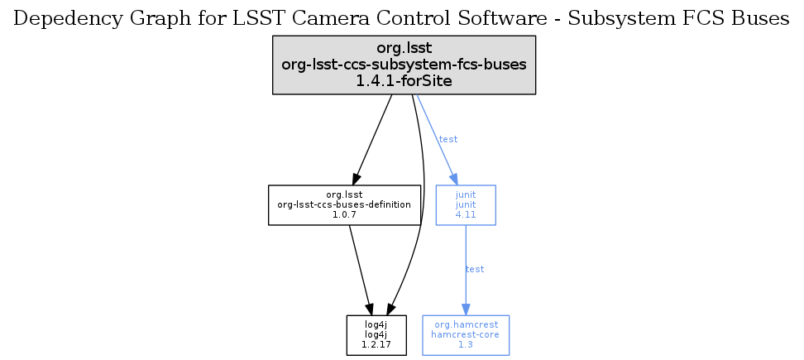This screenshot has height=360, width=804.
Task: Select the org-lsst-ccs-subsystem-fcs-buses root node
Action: click(x=404, y=65)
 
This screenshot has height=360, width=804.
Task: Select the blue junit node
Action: click(x=466, y=204)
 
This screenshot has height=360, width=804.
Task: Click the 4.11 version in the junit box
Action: click(x=466, y=214)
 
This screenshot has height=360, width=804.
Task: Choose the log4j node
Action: click(x=376, y=335)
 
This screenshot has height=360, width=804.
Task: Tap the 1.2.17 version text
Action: click(x=376, y=344)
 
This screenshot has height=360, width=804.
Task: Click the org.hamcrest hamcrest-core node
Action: click(x=466, y=335)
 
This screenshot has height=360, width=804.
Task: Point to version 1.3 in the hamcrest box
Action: click(x=466, y=344)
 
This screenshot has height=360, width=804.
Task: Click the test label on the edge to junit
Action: click(x=447, y=139)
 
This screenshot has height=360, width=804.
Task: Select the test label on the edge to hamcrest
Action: click(x=475, y=269)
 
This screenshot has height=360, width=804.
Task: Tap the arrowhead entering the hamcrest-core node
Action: click(x=466, y=310)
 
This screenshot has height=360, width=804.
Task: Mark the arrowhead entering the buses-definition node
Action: click(x=357, y=178)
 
